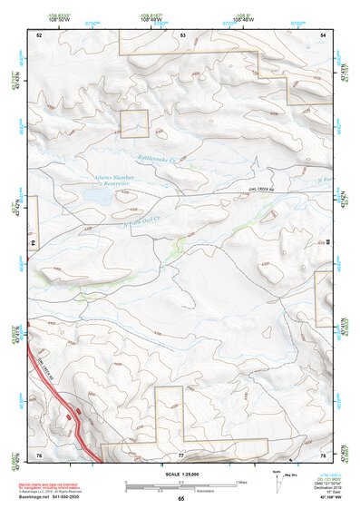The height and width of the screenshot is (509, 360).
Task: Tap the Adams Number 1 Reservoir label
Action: tap(112, 180)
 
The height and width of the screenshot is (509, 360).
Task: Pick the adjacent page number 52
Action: tap(39, 34)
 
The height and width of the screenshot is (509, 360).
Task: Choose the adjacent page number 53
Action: tap(182, 34)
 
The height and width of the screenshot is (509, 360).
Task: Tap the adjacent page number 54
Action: tap(324, 34)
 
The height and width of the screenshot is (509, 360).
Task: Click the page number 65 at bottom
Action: tap(181, 499)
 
